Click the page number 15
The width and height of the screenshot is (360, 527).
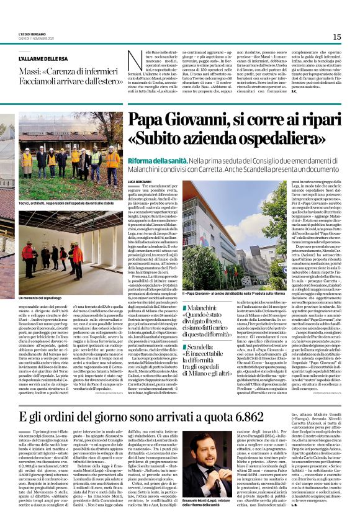coord(336,37)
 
